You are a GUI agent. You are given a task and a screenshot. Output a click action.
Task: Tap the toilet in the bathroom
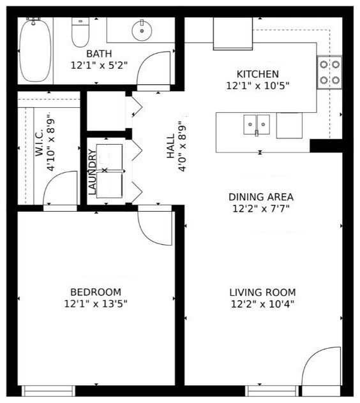pyautogui.click(x=80, y=33)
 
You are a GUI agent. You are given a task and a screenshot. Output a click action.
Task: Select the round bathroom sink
pyautogui.click(x=141, y=29)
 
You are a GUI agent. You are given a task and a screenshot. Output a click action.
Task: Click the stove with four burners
pyautogui.click(x=329, y=72)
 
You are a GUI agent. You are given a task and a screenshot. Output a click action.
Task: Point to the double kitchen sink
pyautogui.click(x=257, y=124)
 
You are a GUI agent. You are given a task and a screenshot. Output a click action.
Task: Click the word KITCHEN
pyautogui.click(x=257, y=74)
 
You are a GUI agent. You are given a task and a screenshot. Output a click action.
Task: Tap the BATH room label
pyautogui.click(x=99, y=54)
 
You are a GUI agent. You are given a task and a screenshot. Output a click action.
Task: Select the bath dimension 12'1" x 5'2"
pyautogui.click(x=99, y=64)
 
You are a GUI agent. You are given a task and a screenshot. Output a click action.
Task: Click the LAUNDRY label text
pyautogui.click(x=93, y=172)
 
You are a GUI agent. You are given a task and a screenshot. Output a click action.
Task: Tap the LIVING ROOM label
pyautogui.click(x=262, y=293)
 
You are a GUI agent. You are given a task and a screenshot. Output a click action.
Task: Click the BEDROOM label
pyautogui.click(x=96, y=293)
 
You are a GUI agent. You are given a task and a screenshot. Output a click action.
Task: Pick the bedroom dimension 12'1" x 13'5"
pyautogui.click(x=96, y=304)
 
